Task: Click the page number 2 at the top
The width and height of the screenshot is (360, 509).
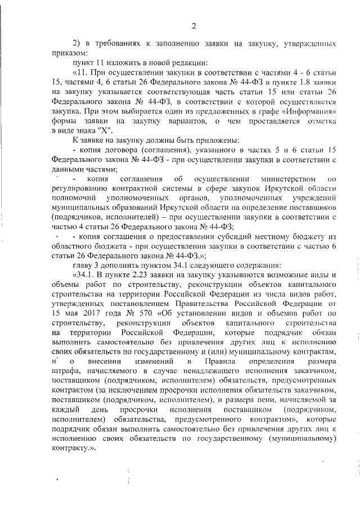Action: (x=193, y=26)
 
